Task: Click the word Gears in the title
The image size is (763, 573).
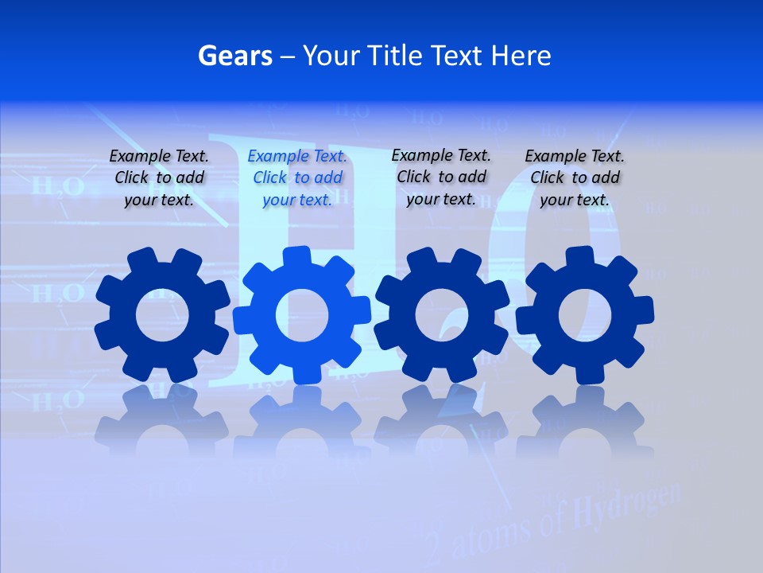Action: point(234,56)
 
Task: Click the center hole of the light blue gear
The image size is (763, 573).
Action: point(302,314)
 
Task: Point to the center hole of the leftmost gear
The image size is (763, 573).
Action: point(163,315)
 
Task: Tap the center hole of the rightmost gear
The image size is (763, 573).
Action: point(585,315)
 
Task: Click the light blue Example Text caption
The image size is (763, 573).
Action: point(297,178)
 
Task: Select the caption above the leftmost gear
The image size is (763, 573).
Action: point(159,178)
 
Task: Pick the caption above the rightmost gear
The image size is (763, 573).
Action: point(575,178)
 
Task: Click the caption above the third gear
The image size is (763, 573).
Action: point(441,177)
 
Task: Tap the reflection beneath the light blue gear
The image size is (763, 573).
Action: point(302,422)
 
